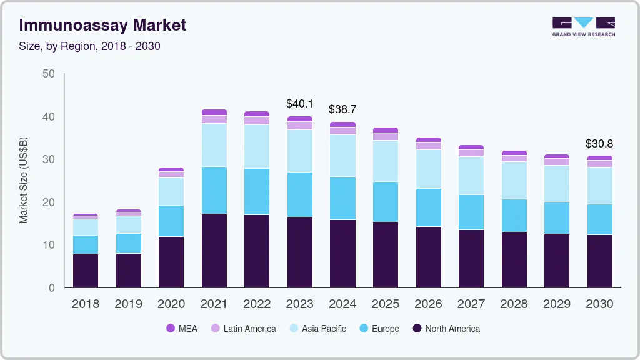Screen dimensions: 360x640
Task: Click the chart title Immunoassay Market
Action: tap(102, 26)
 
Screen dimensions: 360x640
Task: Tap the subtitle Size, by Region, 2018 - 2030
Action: tap(89, 47)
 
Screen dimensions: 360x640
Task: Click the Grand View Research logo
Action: tap(583, 27)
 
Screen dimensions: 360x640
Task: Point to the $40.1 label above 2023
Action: tap(299, 103)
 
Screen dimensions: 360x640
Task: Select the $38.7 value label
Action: tap(342, 109)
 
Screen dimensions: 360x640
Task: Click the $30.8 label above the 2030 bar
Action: tap(599, 143)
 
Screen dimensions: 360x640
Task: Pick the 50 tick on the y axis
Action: tap(48, 74)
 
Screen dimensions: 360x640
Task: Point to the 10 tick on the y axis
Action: tap(48, 245)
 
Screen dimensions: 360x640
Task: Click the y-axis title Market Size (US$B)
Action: tap(24, 181)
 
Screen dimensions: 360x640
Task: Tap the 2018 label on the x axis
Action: tap(86, 304)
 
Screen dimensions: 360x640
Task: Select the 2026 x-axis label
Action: tap(428, 304)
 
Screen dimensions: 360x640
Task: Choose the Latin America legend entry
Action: tap(243, 328)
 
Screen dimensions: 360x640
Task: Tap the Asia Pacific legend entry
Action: tap(318, 328)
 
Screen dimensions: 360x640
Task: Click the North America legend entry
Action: tap(446, 328)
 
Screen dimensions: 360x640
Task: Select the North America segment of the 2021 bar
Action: tap(214, 251)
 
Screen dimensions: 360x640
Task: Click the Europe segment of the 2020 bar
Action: tap(171, 221)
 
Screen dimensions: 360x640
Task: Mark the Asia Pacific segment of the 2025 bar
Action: tap(386, 161)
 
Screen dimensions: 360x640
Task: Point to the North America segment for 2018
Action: tap(86, 271)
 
